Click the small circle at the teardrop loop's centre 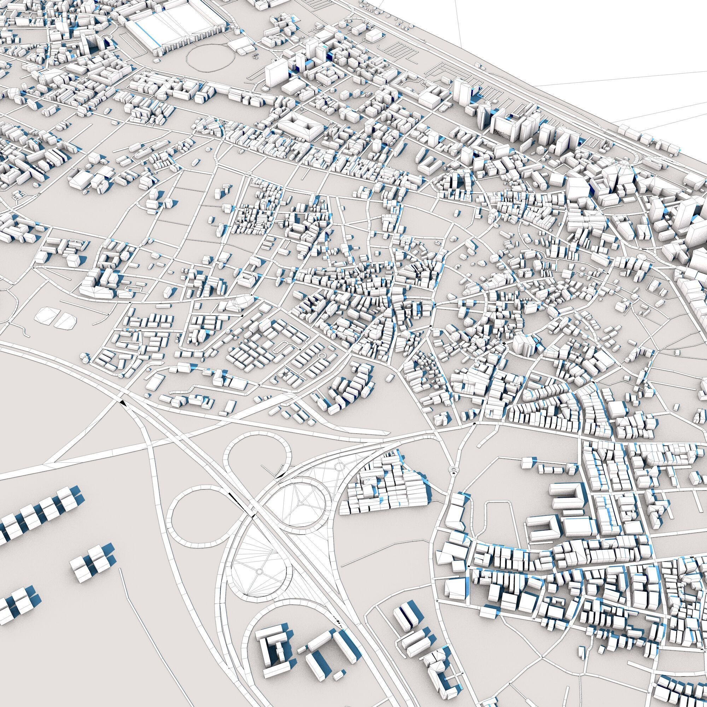click(x=259, y=571)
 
